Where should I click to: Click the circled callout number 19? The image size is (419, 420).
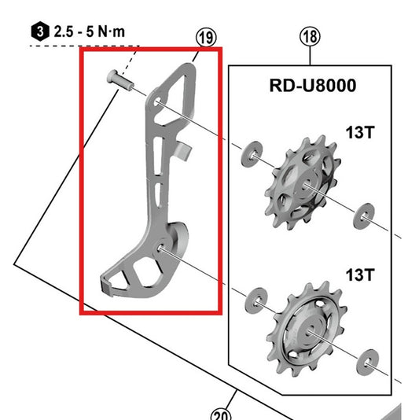(x=206, y=37)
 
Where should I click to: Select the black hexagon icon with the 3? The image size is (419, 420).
(x=39, y=32)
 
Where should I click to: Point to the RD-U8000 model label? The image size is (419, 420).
(x=313, y=87)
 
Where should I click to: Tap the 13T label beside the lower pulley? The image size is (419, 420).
(x=358, y=274)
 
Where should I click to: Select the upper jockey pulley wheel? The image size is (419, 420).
(x=300, y=182)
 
